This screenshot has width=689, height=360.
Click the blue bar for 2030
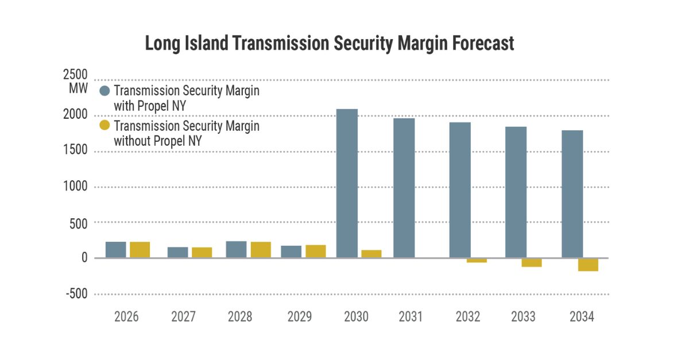347,183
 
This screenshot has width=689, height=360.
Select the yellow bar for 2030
371,254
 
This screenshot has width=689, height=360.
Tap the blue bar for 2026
115,250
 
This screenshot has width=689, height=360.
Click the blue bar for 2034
572,194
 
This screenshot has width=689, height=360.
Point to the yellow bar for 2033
531,262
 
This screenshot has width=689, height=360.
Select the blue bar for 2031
404,188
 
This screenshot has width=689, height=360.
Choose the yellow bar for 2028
261,250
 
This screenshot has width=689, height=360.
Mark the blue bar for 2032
460,190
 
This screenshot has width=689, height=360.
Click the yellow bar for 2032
477,260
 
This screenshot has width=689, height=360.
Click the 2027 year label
184,317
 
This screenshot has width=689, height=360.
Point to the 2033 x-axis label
523,317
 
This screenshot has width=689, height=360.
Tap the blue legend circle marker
104,91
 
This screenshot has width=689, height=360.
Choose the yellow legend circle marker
104,126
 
